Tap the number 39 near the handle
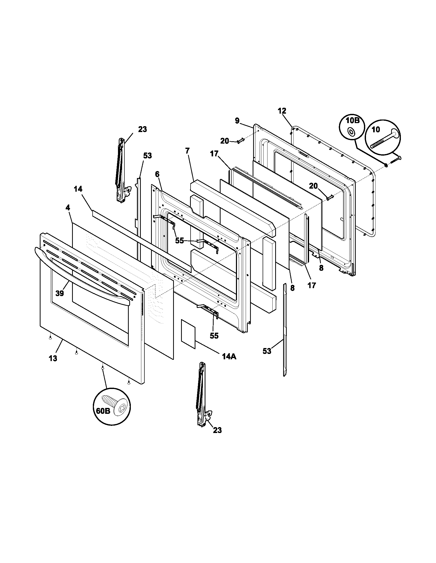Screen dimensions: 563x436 pyautogui.click(x=60, y=293)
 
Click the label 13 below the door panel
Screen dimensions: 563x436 pyautogui.click(x=53, y=358)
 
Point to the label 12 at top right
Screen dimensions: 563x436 pyautogui.click(x=282, y=111)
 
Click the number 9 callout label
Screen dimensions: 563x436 pyautogui.click(x=237, y=121)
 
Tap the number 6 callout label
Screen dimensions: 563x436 pyautogui.click(x=157, y=174)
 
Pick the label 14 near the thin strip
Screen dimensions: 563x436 pyautogui.click(x=78, y=189)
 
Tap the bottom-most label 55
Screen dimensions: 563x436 pyautogui.click(x=214, y=336)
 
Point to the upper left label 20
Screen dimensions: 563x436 pyautogui.click(x=224, y=141)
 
